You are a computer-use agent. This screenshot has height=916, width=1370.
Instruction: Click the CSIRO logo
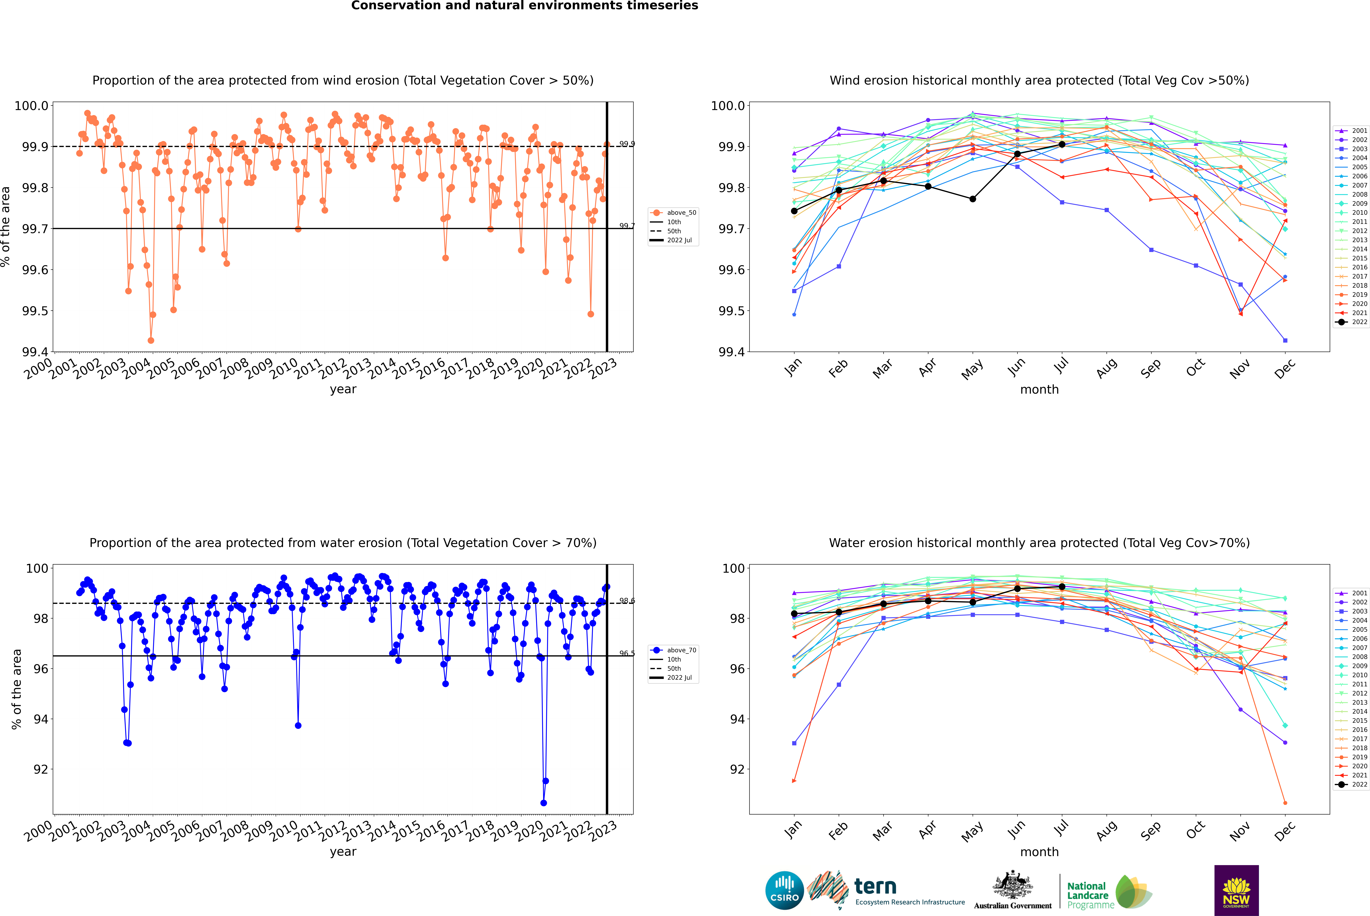click(x=784, y=890)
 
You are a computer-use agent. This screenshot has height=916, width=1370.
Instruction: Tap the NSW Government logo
click(x=1236, y=890)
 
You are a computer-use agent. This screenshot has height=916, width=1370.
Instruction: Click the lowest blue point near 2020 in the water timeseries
click(x=544, y=803)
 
